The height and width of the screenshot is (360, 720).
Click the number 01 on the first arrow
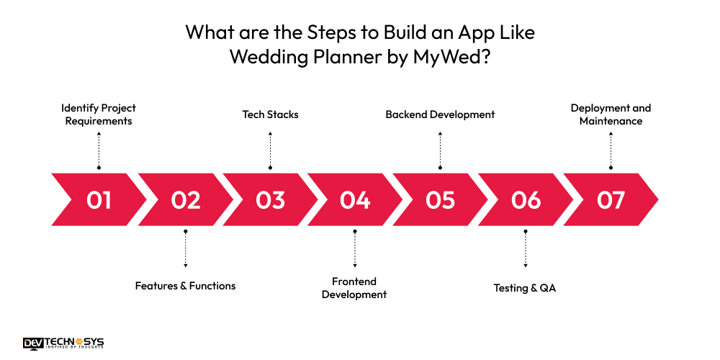click(x=99, y=199)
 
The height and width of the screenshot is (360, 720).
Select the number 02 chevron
click(x=185, y=199)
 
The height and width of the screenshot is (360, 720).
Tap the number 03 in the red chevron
click(x=270, y=199)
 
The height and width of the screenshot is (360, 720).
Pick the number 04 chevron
click(x=355, y=199)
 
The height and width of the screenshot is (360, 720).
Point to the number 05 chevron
click(x=440, y=199)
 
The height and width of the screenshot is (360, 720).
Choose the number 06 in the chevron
click(x=526, y=199)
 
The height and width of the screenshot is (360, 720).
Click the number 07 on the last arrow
click(x=611, y=199)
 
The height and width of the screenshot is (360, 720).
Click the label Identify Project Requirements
click(x=99, y=114)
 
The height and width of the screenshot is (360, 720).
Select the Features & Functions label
click(x=185, y=286)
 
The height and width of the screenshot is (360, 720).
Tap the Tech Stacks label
click(x=270, y=114)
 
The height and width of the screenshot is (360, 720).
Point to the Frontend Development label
click(x=354, y=288)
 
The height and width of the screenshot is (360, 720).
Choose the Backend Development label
click(x=440, y=114)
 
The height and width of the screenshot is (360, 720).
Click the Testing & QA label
click(x=525, y=288)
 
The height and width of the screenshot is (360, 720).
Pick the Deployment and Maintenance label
click(x=611, y=114)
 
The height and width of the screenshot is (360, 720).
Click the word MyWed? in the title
click(x=451, y=58)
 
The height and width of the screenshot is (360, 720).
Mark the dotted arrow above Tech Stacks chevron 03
click(x=270, y=150)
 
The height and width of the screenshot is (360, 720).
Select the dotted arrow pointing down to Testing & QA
click(x=526, y=248)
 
